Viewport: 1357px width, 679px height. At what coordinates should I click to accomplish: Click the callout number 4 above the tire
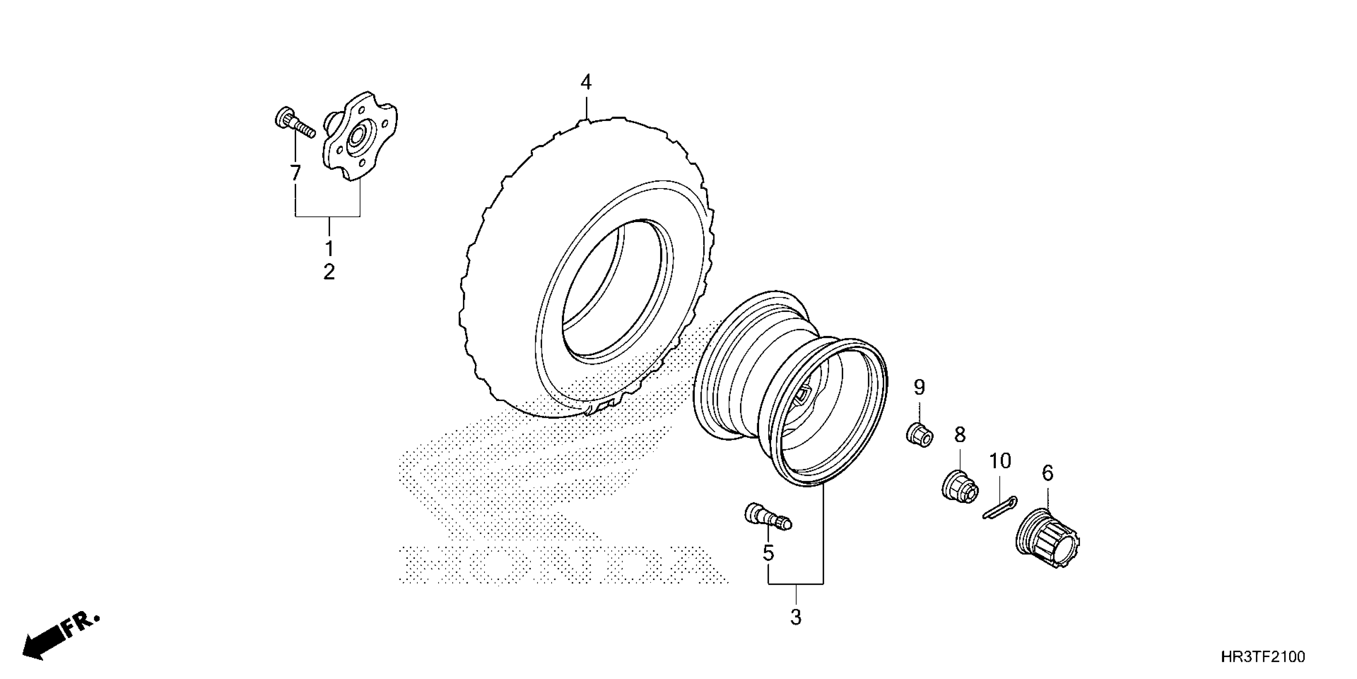(586, 83)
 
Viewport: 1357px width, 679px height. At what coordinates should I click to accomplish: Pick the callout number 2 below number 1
(329, 272)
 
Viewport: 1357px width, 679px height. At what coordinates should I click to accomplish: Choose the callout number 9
(919, 388)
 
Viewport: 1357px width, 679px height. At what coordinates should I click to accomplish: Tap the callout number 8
(960, 435)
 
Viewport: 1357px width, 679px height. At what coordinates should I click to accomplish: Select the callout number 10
(1000, 461)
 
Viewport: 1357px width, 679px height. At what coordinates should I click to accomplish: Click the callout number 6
(1047, 473)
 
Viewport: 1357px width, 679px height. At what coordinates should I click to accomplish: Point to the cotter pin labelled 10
(999, 508)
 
